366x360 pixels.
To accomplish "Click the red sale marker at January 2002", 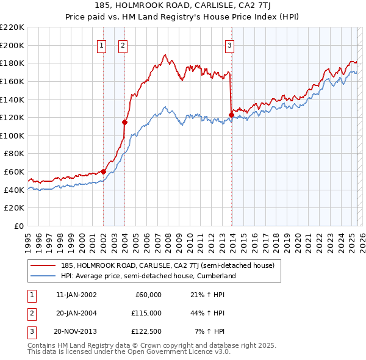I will tap(103, 171).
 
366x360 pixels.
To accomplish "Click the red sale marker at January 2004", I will tap(124, 121).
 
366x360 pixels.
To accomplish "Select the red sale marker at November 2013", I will tap(231, 115).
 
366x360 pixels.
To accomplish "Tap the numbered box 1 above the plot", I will tap(101, 45).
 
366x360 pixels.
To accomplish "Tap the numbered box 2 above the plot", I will tap(123, 45).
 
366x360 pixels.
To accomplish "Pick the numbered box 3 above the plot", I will tap(229, 45).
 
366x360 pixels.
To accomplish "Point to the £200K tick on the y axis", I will tap(13, 45).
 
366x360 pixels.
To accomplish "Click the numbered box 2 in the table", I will tap(30, 314).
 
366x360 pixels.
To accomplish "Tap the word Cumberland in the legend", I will tap(217, 276).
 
